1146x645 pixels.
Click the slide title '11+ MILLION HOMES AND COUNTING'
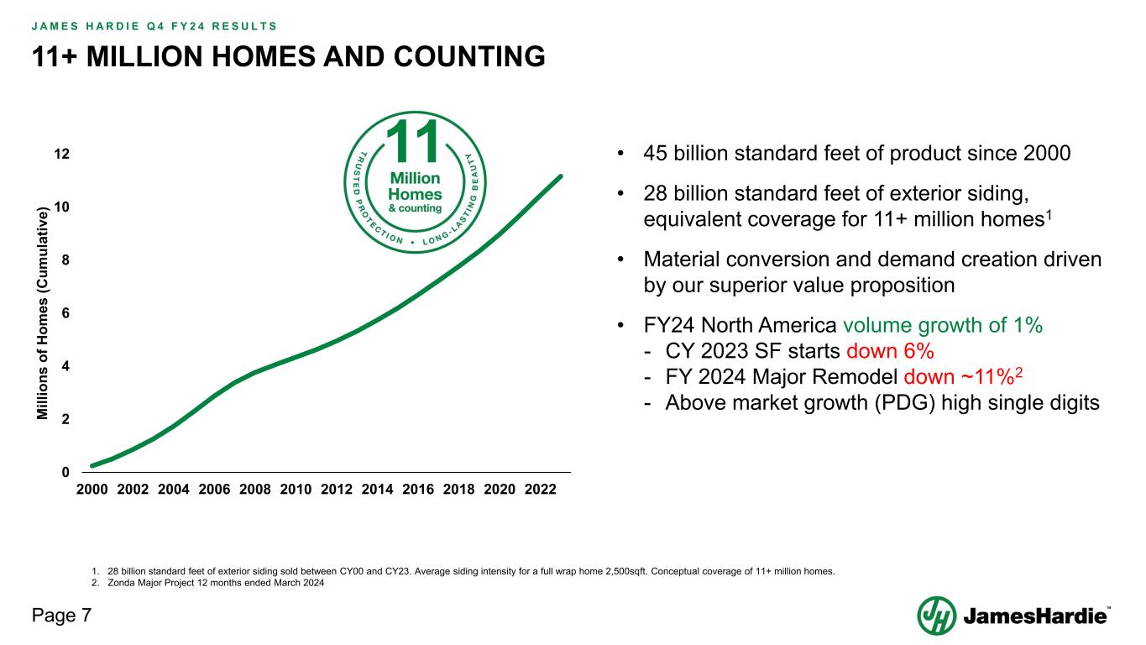[288, 56]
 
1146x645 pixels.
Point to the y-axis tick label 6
[66, 313]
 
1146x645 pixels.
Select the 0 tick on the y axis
[66, 472]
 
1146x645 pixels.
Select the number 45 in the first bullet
[656, 155]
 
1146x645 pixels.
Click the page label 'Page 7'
[61, 616]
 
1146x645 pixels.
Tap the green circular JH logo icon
[936, 616]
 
